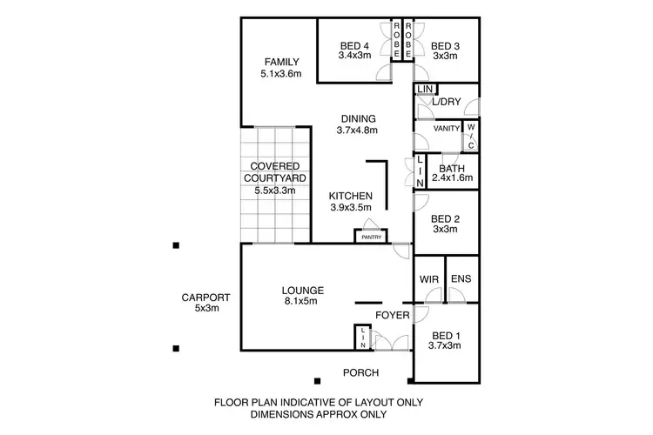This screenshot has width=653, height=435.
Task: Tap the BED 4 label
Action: click(354, 51)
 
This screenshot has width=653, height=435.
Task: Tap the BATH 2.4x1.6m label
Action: click(452, 173)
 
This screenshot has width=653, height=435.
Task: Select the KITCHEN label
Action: click(351, 202)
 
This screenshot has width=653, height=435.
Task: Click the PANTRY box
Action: click(370, 236)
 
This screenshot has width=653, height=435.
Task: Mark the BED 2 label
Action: click(445, 224)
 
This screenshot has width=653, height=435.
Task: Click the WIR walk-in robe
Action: click(428, 279)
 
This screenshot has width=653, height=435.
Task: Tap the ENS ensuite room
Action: click(461, 279)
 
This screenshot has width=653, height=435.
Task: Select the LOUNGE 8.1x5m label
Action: click(303, 296)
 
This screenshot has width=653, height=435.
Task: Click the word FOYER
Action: click(393, 315)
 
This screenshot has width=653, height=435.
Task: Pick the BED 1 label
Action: click(445, 339)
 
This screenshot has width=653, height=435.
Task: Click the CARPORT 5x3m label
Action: click(205, 303)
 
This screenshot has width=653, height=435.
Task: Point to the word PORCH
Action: click(361, 373)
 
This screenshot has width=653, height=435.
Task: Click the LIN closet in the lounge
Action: click(361, 338)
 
